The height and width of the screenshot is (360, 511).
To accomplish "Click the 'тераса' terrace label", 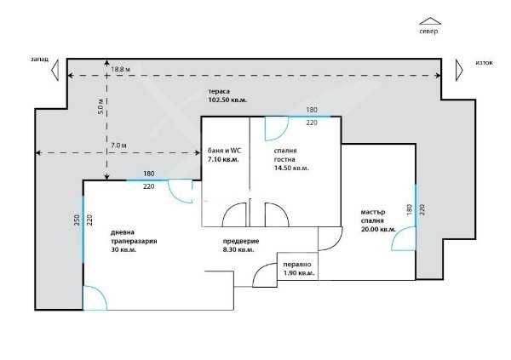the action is coord(219,92).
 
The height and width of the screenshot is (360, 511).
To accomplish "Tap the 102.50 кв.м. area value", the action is coord(227,100).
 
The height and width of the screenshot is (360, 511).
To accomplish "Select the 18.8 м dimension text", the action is coord(120,69).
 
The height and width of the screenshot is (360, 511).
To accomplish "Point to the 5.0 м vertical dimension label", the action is coord(100,106).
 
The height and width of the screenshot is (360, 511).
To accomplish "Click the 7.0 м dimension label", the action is coord(118,146).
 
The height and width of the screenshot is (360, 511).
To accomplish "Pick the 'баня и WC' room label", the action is coord(224,151).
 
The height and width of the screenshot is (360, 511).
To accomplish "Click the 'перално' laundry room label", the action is coord(297,265).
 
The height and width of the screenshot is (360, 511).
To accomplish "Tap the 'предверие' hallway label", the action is coord(241,242).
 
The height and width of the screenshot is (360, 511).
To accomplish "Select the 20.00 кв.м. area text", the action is coord(378,229).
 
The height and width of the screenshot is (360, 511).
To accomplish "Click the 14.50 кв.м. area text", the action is coord(291,169).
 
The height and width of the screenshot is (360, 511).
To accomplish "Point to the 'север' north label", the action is coord(429,31).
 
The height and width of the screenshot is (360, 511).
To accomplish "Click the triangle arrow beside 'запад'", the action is coord(55,70).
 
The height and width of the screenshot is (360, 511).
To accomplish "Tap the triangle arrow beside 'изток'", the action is coord(459,70).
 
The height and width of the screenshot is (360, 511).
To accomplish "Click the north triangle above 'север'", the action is coord(430,21).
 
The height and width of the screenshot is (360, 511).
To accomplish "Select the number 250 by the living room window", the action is coord(78,220).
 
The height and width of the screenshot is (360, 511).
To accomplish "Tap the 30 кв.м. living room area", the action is coord(123,250).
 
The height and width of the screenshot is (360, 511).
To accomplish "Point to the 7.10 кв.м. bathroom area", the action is coord(223,160).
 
